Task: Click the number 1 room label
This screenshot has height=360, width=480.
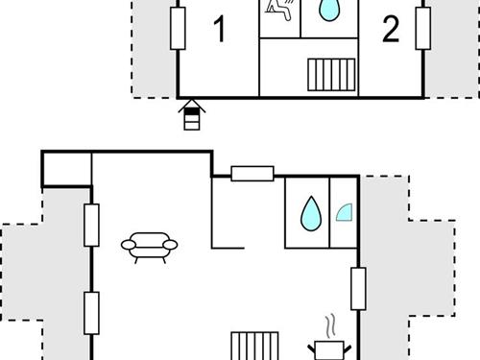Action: pyautogui.click(x=220, y=30)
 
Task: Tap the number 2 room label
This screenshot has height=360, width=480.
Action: pyautogui.click(x=391, y=30)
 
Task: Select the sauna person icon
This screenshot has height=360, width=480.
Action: pyautogui.click(x=279, y=10)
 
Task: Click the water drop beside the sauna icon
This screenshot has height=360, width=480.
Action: pyautogui.click(x=329, y=11)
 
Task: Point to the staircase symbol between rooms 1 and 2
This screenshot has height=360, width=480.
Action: pyautogui.click(x=331, y=75)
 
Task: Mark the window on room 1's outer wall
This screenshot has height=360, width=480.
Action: pyautogui.click(x=178, y=28)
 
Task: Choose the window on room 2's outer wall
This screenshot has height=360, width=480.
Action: pyautogui.click(x=422, y=28)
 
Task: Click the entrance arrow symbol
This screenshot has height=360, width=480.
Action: pyautogui.click(x=192, y=114)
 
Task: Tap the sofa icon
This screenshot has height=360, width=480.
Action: pyautogui.click(x=149, y=248)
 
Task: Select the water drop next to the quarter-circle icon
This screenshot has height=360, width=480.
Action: pyautogui.click(x=311, y=214)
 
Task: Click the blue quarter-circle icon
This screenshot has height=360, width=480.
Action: pyautogui.click(x=345, y=213)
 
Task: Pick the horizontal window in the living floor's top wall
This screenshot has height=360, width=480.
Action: pyautogui.click(x=252, y=174)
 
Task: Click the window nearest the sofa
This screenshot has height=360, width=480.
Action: pyautogui.click(x=91, y=226)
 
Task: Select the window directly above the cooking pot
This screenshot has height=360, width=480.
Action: pyautogui.click(x=358, y=289)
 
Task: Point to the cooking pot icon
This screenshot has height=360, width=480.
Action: pyautogui.click(x=329, y=350)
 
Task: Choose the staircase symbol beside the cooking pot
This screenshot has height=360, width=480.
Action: pyautogui.click(x=254, y=346)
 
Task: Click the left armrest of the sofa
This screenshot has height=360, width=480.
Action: pyautogui.click(x=129, y=245)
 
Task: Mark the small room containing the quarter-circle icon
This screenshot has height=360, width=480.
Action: pyautogui.click(x=344, y=212)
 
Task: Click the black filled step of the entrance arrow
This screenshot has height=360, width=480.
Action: pyautogui.click(x=192, y=111)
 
